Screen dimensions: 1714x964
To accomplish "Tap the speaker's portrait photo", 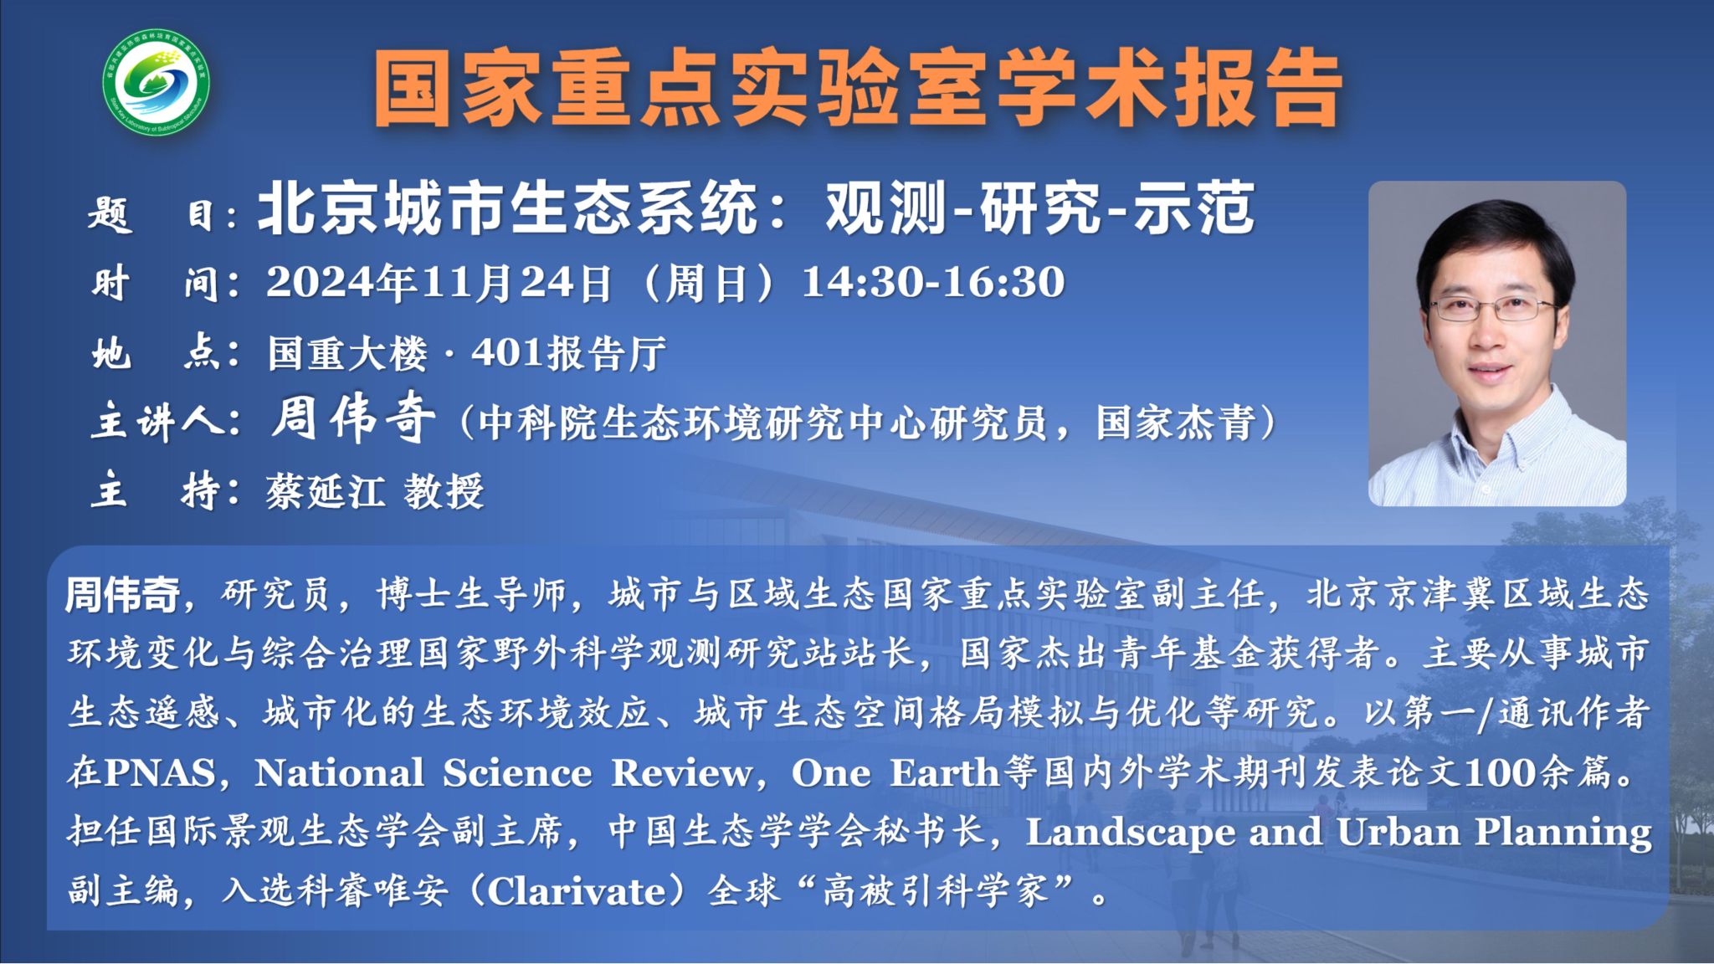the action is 1497,343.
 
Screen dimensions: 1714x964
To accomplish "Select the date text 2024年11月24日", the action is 440,283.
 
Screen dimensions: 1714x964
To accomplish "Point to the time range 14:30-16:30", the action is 933,282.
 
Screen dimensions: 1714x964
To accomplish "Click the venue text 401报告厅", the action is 568,352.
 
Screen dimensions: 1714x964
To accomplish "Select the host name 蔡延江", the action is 326,491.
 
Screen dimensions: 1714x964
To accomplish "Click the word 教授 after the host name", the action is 444,491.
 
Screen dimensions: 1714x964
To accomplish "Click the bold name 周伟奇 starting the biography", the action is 122,595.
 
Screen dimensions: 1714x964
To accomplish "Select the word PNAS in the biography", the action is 159,772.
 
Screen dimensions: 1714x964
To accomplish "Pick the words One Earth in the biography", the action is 895,772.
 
